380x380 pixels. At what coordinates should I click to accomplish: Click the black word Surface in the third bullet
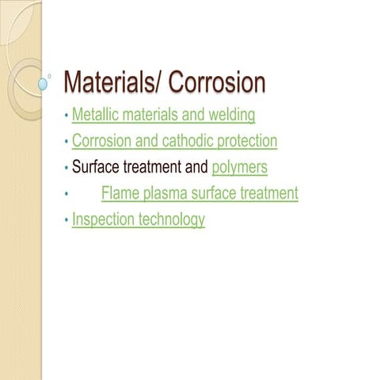coord(96,167)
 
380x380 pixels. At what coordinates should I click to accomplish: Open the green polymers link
coord(240,168)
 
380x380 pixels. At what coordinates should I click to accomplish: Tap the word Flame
coord(119,193)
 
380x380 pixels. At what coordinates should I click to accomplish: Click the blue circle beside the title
coord(44,82)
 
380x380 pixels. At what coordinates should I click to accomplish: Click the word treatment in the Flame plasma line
coord(268,193)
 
